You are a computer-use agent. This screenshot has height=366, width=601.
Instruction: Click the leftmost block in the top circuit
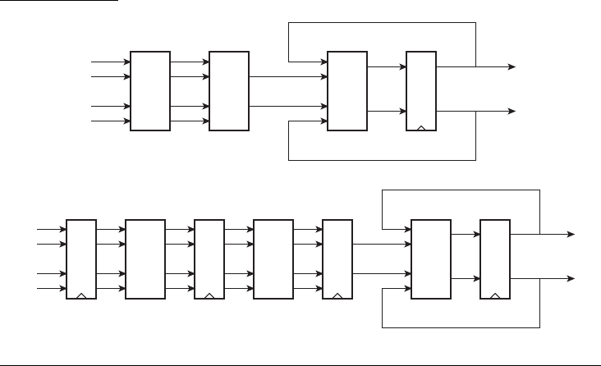[151, 91]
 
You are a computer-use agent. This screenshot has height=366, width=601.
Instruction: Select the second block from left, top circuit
[229, 91]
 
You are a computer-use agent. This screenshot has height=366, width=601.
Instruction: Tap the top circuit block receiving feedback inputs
[347, 91]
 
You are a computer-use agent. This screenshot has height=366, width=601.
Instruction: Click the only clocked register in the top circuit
[422, 91]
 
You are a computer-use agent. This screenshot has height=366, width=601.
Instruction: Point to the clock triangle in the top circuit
[422, 127]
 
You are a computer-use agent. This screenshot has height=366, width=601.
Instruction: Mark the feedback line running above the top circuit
[382, 23]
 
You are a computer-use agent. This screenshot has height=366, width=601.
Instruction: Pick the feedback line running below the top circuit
[382, 158]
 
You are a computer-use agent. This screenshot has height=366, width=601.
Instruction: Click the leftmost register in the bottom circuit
[80, 259]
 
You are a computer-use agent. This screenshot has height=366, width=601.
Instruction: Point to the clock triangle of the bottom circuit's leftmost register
[80, 295]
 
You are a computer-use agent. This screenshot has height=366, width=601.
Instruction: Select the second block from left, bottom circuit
[145, 259]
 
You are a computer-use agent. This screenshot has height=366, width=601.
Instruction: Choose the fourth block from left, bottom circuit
[273, 259]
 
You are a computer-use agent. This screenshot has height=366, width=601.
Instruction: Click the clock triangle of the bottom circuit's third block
[209, 295]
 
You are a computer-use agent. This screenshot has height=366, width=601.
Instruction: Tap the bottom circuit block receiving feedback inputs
[431, 259]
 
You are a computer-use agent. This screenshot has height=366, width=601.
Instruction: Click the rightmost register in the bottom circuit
[495, 259]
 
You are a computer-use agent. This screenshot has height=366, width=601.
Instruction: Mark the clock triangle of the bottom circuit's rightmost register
[495, 295]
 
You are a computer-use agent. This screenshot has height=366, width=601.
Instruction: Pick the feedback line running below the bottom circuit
[460, 327]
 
